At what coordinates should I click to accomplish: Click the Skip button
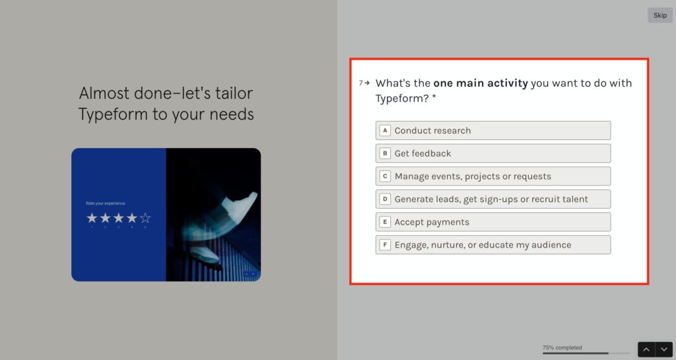(659, 15)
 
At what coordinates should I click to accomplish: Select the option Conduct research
(493, 130)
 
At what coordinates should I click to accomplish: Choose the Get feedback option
(493, 153)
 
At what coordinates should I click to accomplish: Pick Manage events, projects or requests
(493, 176)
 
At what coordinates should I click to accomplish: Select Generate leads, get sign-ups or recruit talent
(493, 199)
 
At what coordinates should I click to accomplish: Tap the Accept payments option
(493, 222)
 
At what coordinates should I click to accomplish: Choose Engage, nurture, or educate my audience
(493, 245)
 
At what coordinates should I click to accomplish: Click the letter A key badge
(385, 131)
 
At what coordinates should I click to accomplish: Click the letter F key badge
(385, 245)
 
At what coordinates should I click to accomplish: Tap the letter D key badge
(385, 199)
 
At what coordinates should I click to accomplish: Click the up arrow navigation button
(646, 349)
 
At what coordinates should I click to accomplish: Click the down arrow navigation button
(663, 349)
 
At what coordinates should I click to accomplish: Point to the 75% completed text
(562, 347)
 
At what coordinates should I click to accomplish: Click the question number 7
(361, 83)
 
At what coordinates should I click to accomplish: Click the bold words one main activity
(480, 83)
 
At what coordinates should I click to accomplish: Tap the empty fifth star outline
(145, 218)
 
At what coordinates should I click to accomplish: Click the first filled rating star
(92, 218)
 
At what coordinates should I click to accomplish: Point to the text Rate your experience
(106, 203)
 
